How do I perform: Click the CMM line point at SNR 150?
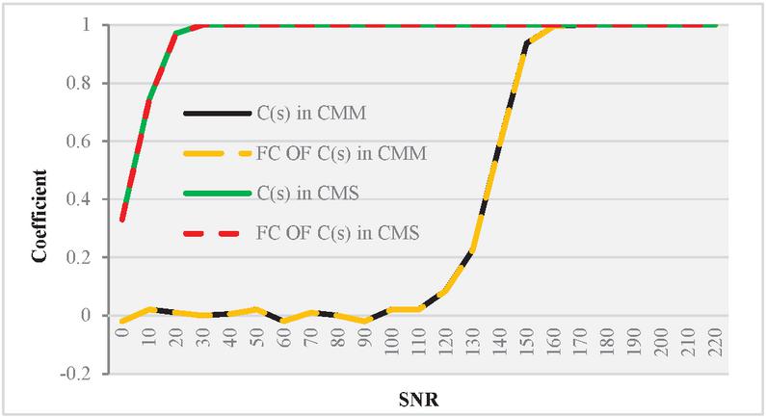point(527,42)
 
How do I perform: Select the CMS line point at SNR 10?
point(149,99)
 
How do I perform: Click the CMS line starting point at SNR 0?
point(122,220)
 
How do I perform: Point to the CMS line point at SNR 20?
point(176,34)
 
